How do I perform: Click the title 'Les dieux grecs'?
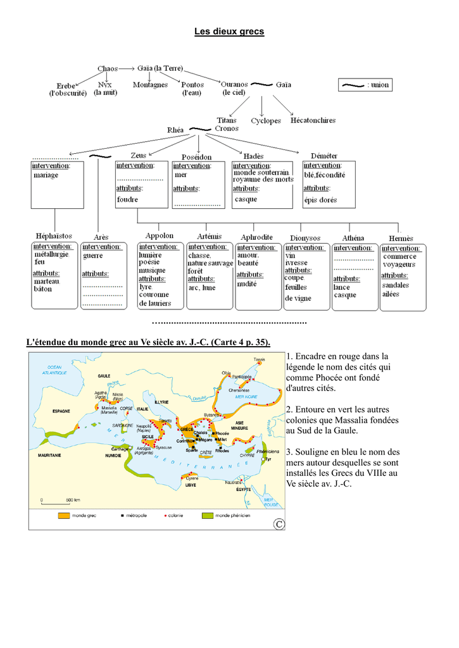point(229,31)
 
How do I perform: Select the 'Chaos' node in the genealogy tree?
point(107,68)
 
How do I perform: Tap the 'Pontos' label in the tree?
point(192,85)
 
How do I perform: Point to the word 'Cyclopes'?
point(266,120)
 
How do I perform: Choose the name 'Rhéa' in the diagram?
point(175,130)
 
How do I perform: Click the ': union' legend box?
point(365,85)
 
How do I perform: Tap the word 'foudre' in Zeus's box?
point(127,199)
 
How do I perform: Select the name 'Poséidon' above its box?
point(197,156)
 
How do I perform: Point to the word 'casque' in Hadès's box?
point(246,199)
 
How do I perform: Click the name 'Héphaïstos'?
point(54,236)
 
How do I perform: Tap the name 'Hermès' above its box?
point(400,239)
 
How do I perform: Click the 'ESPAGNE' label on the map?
point(61,411)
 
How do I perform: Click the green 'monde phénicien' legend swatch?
point(208,516)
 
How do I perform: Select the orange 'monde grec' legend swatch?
point(64,516)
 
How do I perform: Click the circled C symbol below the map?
point(278,523)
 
